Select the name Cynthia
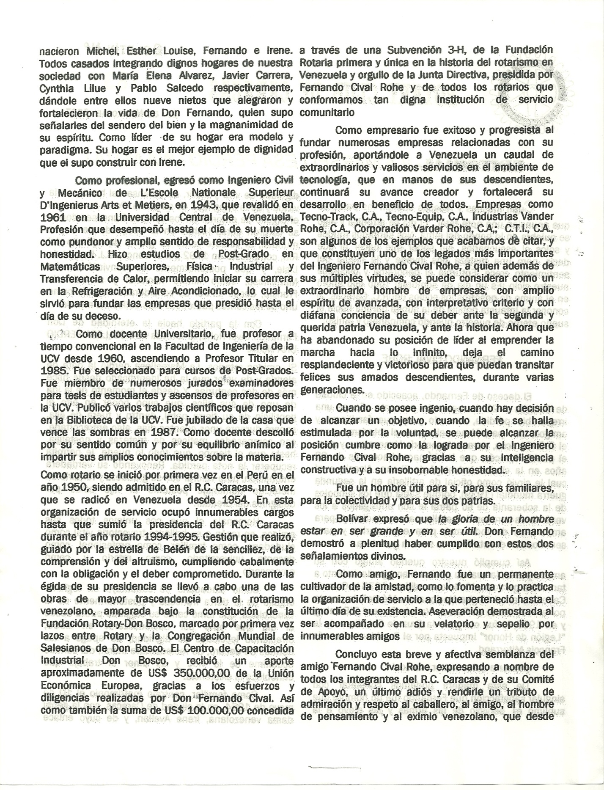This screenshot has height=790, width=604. click(x=56, y=88)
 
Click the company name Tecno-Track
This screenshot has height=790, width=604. click(x=324, y=216)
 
